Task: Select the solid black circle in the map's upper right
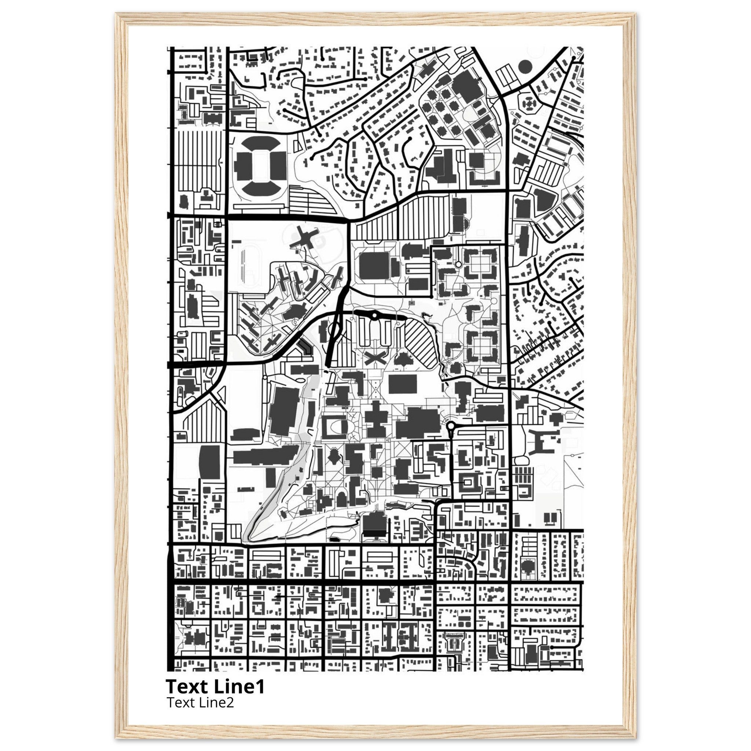(525, 67)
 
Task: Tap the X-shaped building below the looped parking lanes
(375, 358)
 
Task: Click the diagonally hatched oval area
(421, 345)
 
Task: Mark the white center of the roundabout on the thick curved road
(374, 316)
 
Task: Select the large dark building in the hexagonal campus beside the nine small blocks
(468, 88)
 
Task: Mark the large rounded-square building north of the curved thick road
(374, 265)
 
